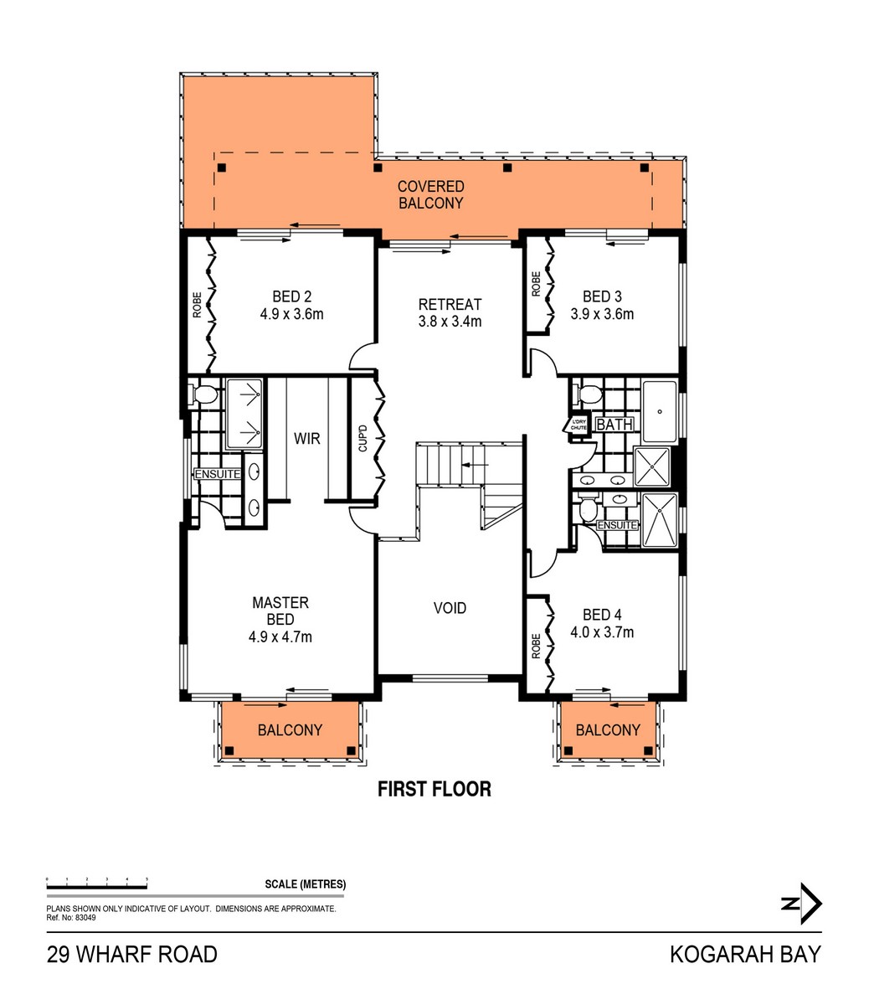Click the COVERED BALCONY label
(x=430, y=194)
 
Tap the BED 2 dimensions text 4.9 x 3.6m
(x=291, y=315)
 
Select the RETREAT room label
(x=450, y=304)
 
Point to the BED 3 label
(x=602, y=296)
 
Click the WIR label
(x=306, y=438)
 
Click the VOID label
(x=450, y=608)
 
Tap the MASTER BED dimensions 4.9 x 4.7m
(x=280, y=636)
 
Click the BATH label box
(x=614, y=425)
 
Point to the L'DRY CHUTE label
(x=578, y=425)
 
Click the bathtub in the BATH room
(x=661, y=411)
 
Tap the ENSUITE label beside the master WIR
(x=218, y=475)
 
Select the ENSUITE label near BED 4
(x=618, y=525)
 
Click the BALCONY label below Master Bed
(x=290, y=730)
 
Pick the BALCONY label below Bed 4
(x=608, y=730)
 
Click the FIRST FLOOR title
(x=434, y=789)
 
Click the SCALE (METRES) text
(x=305, y=884)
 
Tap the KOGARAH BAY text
(x=745, y=955)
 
